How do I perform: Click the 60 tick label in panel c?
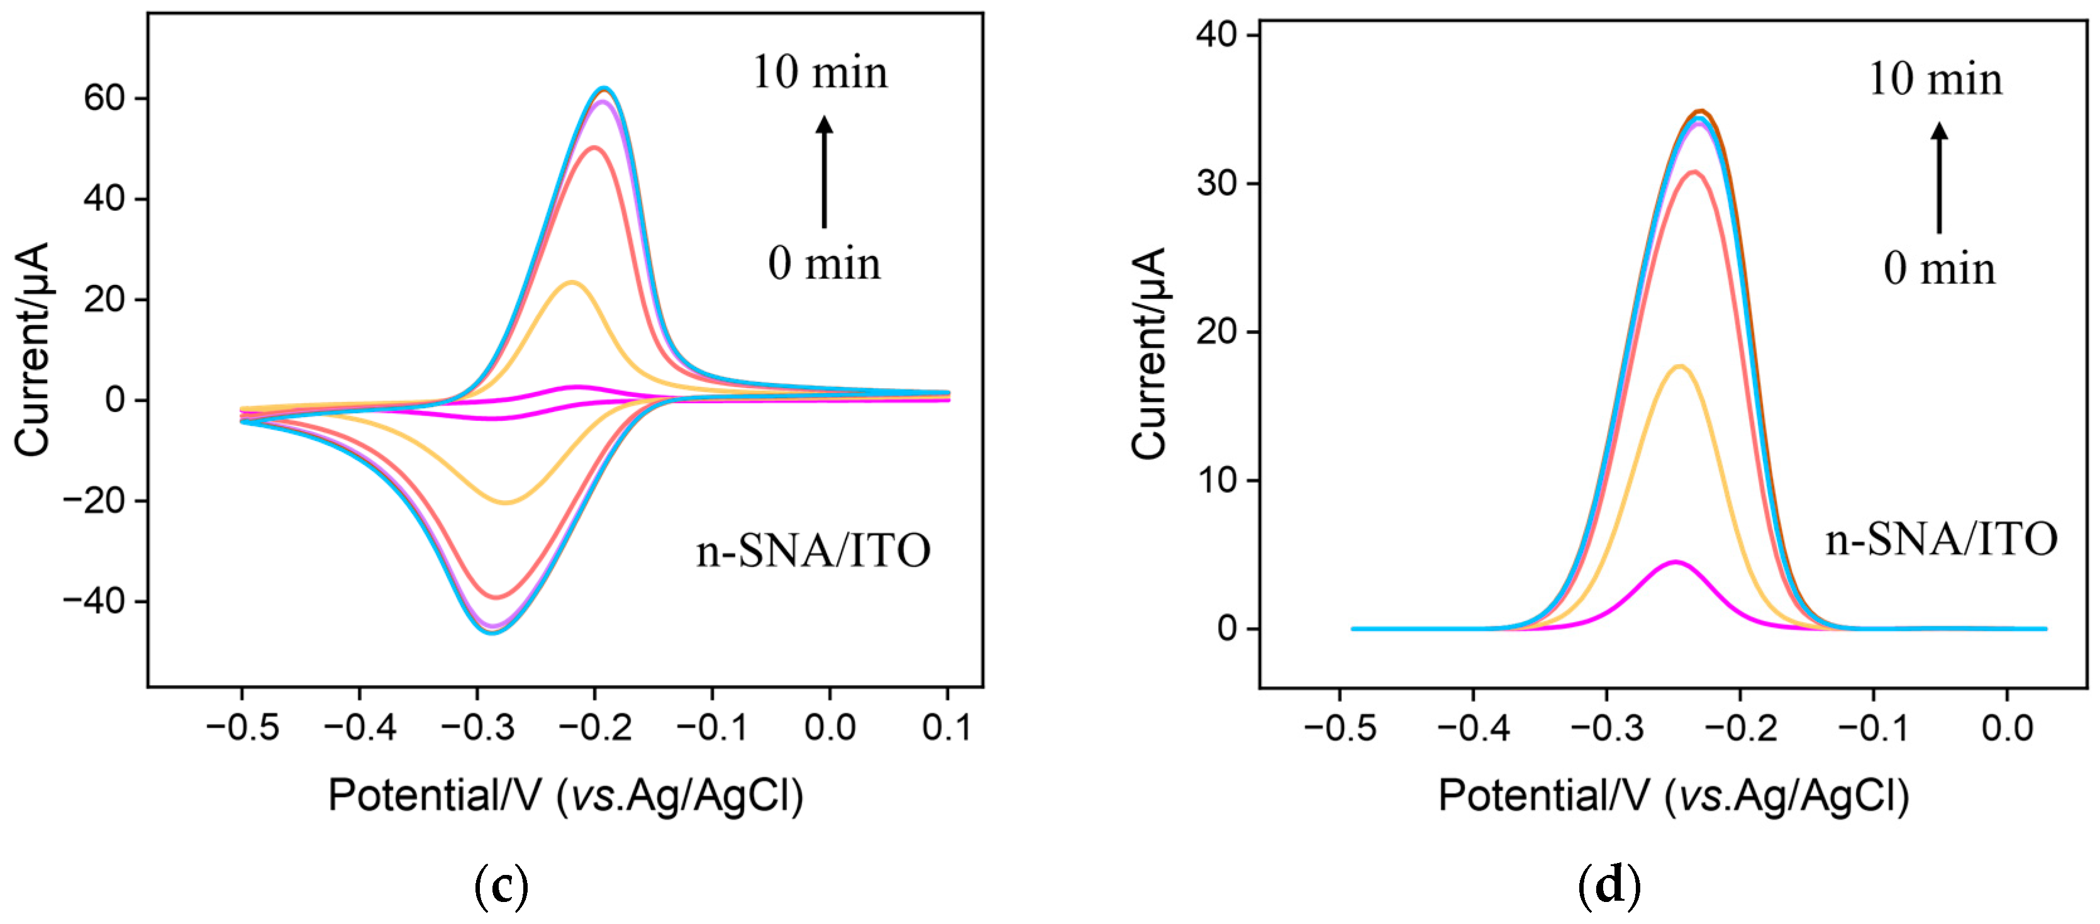[104, 98]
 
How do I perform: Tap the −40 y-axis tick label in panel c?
[94, 601]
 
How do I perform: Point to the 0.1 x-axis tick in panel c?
[947, 726]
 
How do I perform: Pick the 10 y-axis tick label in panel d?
[1216, 481]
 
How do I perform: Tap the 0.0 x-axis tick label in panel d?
[2006, 726]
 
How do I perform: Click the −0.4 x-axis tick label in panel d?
[1472, 726]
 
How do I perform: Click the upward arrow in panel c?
[824, 171]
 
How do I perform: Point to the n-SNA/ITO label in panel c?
[813, 550]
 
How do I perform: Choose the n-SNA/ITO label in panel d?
[1941, 539]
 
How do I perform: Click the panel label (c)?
[501, 885]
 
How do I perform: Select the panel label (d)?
[1608, 885]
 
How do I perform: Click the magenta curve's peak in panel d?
[1675, 562]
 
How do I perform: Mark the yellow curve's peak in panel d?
[1679, 366]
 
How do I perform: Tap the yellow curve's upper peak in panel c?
[572, 282]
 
